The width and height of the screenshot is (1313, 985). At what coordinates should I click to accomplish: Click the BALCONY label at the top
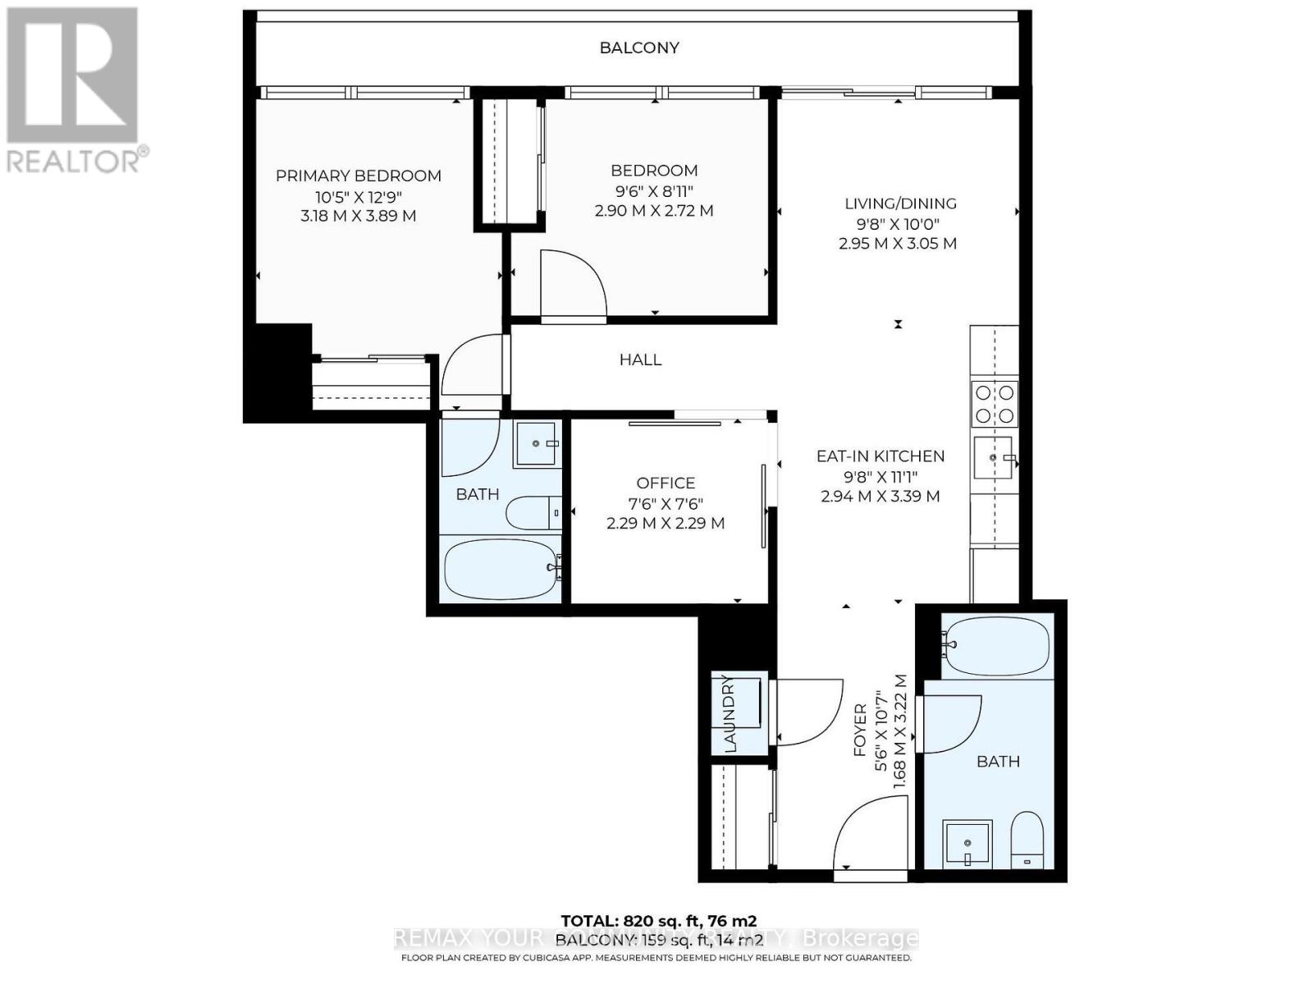639,48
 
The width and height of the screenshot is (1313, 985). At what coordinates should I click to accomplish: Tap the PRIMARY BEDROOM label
358,176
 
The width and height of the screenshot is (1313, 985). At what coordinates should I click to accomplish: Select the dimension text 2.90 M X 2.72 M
654,211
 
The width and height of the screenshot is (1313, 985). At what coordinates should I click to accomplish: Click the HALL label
640,360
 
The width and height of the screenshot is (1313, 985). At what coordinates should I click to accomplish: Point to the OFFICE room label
666,483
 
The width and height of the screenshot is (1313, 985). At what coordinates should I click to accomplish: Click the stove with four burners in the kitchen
995,403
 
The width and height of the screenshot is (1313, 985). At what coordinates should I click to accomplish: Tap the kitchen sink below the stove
994,457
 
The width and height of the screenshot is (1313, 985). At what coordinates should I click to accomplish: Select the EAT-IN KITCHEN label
880,456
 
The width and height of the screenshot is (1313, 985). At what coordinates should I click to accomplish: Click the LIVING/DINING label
900,204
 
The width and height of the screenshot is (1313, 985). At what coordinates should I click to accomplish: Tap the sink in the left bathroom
538,443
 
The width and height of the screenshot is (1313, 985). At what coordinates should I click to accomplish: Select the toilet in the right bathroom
1026,840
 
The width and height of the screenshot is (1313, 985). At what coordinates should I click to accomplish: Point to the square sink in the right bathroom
967,843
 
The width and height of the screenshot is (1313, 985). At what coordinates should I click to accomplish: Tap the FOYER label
860,731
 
